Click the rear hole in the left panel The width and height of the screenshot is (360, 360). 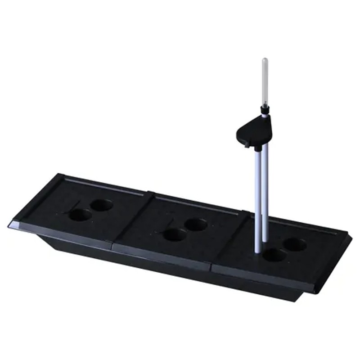[101, 205]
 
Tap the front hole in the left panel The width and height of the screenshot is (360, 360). [80, 215]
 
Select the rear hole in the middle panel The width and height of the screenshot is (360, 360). [196, 224]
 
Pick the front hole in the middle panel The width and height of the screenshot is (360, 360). [175, 234]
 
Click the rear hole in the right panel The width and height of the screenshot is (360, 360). [295, 245]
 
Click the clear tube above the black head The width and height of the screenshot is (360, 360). [265, 83]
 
